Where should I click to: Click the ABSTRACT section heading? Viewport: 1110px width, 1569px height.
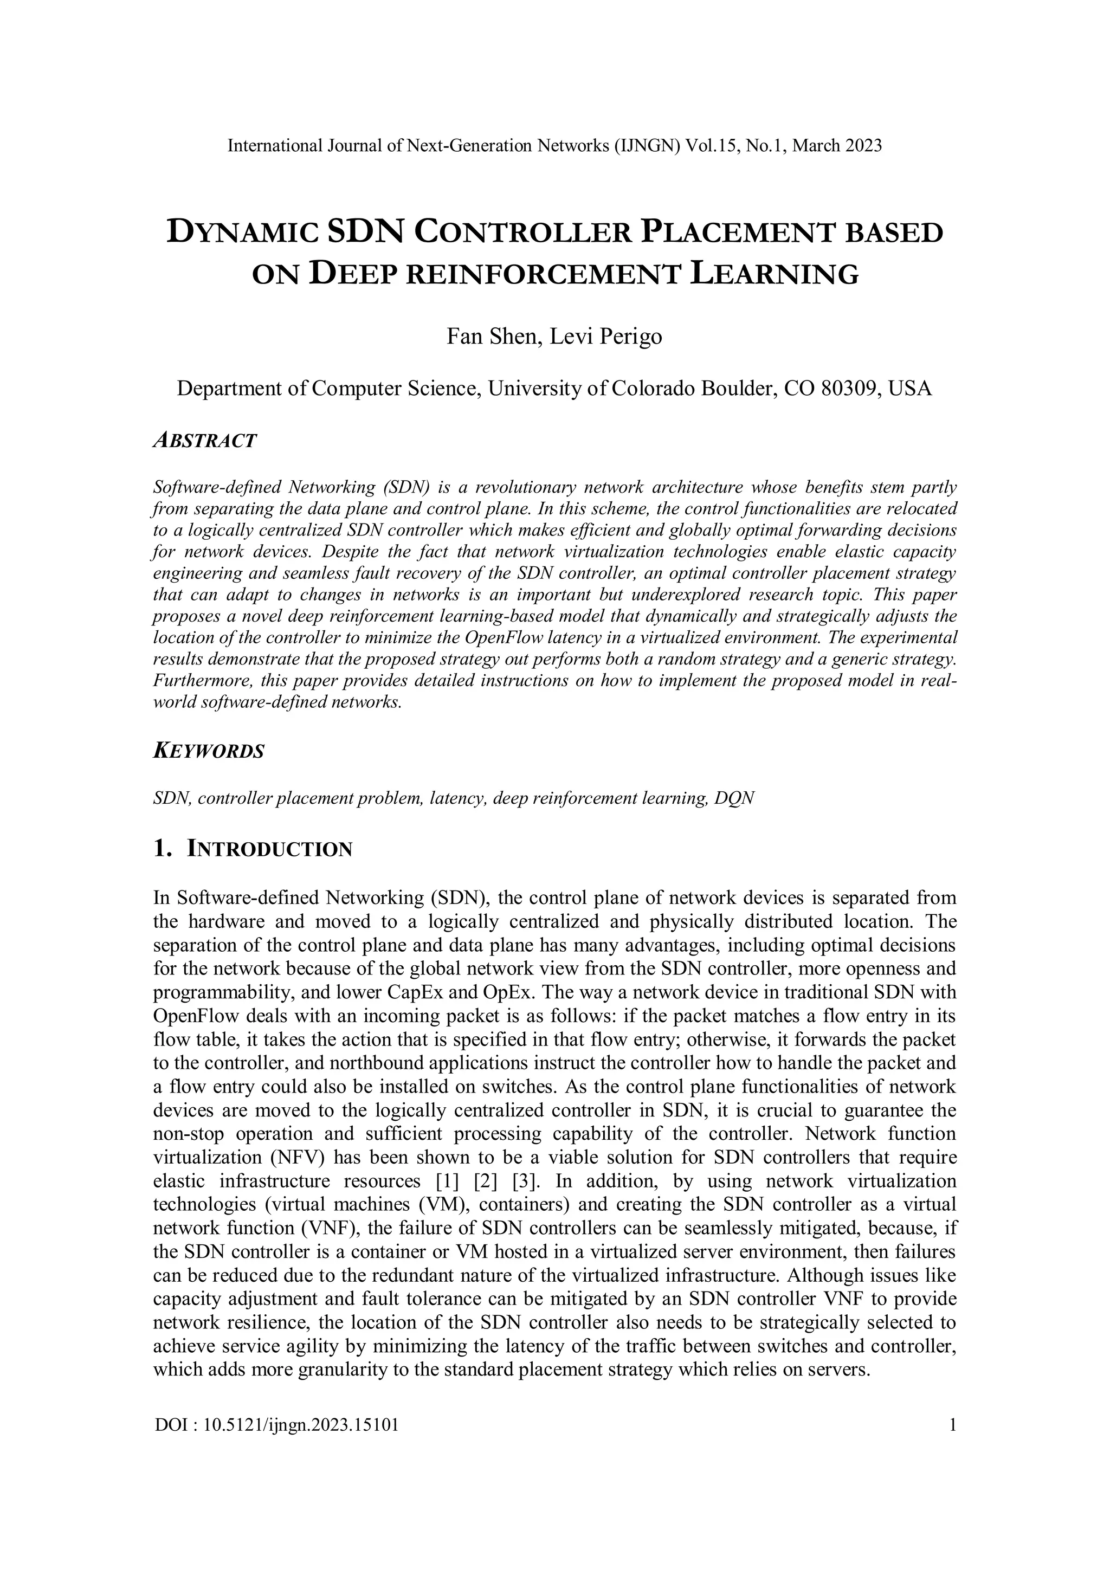tap(205, 441)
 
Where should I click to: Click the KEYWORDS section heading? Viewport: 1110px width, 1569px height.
tap(209, 752)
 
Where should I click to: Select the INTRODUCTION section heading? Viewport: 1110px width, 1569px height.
tap(269, 849)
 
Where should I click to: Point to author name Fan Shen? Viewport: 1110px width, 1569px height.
tap(490, 337)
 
